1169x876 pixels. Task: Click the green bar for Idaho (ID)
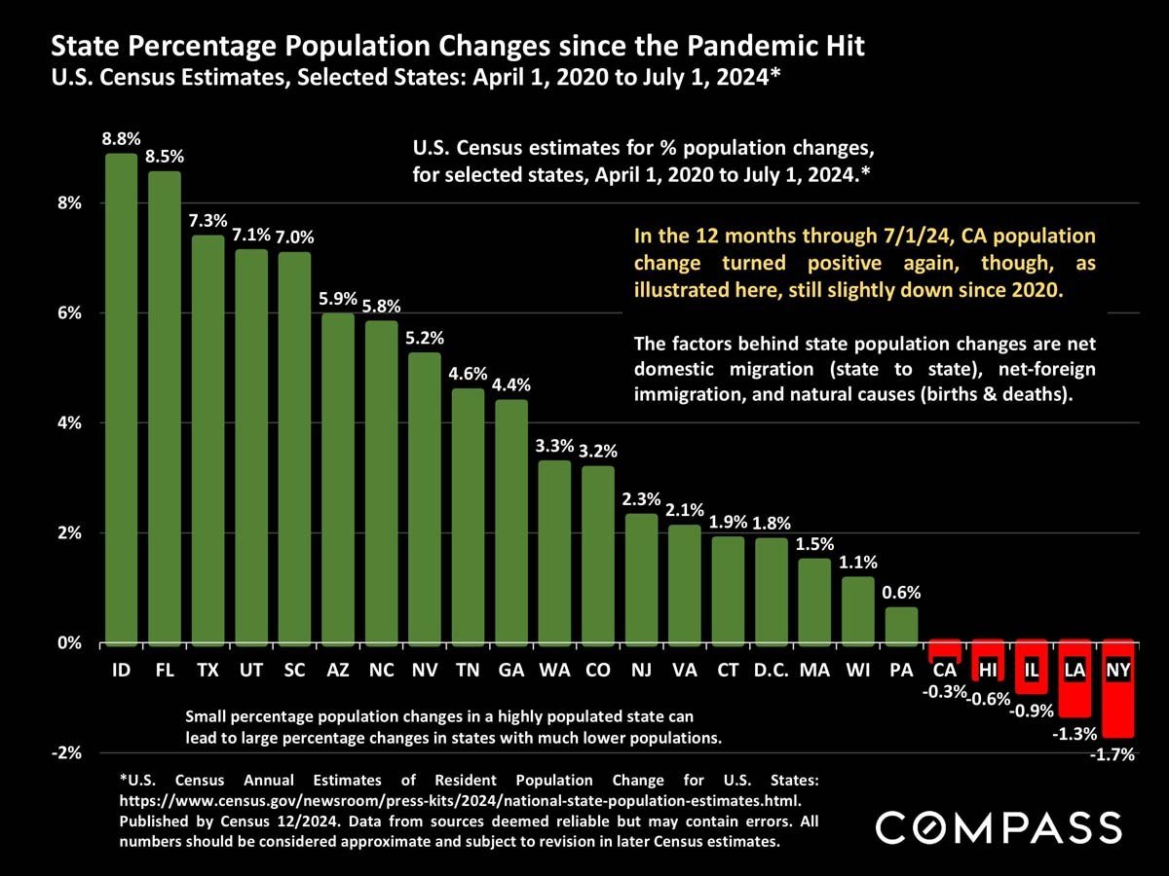[x=121, y=399]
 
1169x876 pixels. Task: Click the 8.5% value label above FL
[x=165, y=156]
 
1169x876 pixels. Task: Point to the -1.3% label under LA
[x=1075, y=734]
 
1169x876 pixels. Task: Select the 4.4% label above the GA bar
[x=510, y=384]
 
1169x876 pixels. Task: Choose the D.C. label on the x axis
[x=771, y=671]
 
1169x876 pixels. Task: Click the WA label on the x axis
[x=554, y=671]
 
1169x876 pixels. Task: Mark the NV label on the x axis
[x=424, y=671]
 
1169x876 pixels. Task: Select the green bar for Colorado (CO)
[x=598, y=555]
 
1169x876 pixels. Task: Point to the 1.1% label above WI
[x=858, y=562]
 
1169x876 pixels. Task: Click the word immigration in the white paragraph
[x=681, y=396]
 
